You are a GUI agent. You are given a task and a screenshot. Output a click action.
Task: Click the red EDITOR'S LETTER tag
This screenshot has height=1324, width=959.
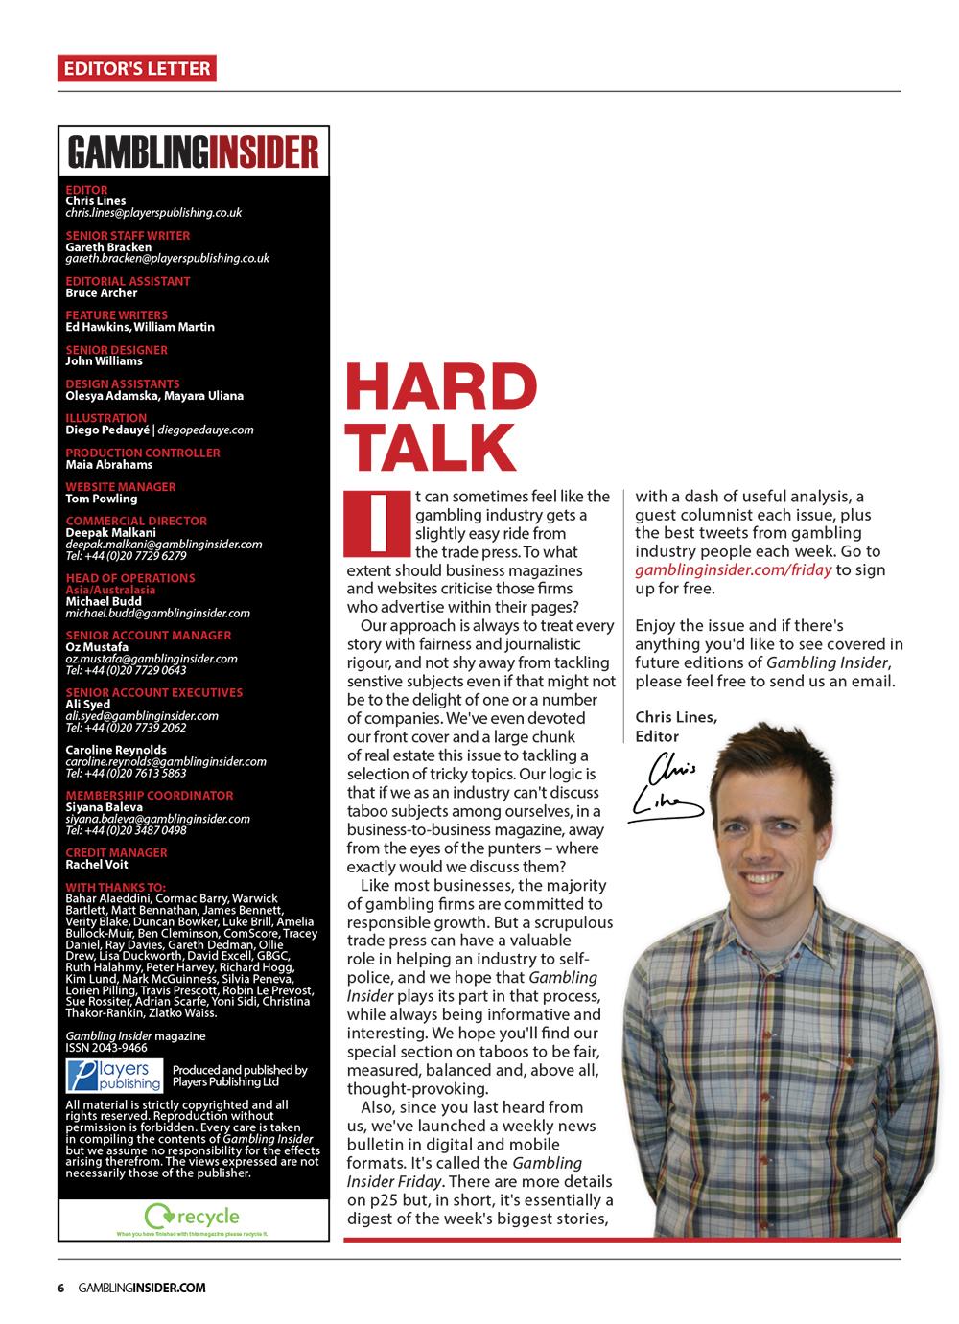coord(135,68)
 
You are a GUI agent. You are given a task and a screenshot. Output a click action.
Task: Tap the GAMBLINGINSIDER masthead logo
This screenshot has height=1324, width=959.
coord(193,152)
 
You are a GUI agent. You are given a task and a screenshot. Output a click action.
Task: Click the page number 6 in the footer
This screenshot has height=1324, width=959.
coord(60,1289)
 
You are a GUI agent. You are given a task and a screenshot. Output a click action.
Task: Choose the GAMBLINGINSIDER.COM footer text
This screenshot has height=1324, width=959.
coord(142,1289)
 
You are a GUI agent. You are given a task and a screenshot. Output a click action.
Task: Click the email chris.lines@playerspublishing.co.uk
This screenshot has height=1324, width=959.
coord(153,213)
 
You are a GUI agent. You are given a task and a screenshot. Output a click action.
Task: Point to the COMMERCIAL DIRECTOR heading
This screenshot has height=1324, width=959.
coord(136,521)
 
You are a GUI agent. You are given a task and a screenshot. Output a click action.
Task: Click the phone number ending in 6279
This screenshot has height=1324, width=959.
coord(126,555)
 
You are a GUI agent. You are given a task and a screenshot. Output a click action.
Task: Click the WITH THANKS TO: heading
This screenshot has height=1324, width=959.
coord(115,887)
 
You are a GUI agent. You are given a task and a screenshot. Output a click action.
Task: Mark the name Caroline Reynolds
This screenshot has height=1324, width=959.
coord(116,750)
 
